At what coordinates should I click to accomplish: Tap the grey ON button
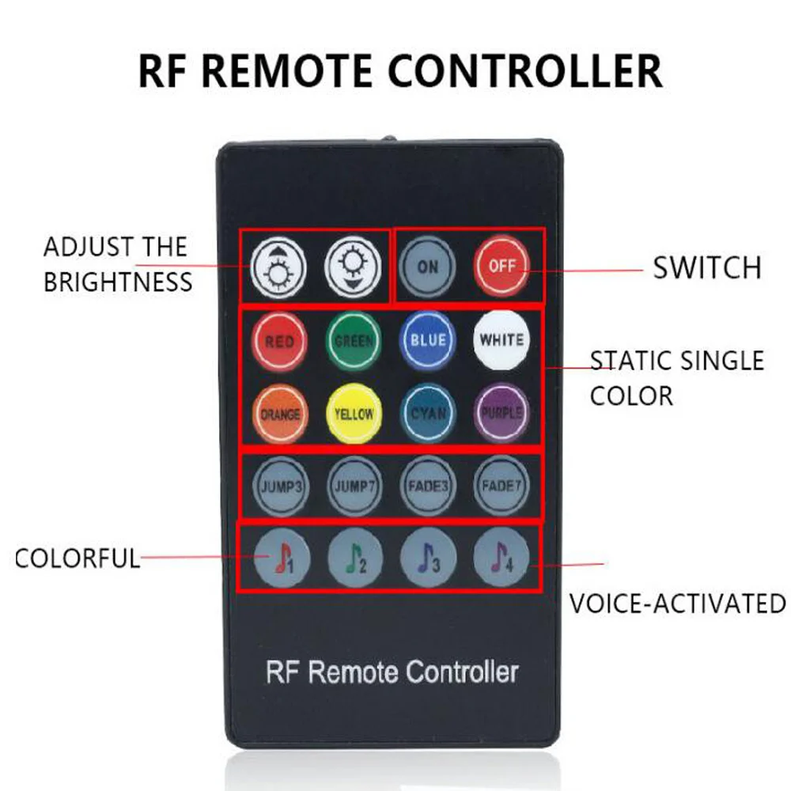427,267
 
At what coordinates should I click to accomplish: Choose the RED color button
279,342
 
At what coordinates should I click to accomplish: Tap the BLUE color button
428,340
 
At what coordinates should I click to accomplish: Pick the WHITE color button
501,340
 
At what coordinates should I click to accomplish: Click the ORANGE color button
279,414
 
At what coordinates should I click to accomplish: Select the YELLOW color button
354,414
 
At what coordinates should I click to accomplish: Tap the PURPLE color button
501,413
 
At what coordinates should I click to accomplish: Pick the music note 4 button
501,560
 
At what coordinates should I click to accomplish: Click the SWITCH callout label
706,268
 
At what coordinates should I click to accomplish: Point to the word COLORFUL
78,558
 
